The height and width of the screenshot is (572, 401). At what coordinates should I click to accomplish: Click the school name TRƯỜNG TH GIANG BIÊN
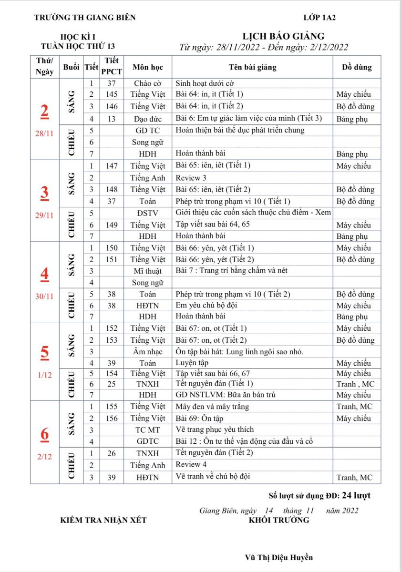coord(85,18)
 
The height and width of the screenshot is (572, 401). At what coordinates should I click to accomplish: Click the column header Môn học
coord(148,67)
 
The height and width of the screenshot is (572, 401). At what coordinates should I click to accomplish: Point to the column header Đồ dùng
coord(357,67)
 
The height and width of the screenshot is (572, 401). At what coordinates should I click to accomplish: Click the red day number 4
coord(44,274)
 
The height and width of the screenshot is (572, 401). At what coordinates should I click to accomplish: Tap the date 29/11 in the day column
coord(44,215)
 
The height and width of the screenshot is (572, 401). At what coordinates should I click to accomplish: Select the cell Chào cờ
coord(148,83)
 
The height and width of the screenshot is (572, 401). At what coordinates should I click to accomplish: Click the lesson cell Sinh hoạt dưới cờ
coord(205,83)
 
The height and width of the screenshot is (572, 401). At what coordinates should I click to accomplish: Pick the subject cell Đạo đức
coord(148,118)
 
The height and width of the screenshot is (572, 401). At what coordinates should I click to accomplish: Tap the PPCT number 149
coord(112,225)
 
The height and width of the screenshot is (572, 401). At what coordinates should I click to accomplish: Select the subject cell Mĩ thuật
coord(148,271)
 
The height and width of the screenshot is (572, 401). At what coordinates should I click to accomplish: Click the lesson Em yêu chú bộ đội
coord(206,305)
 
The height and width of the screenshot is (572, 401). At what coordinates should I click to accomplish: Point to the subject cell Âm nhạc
coord(148,352)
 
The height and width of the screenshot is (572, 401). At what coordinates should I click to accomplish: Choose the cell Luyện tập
coord(192,363)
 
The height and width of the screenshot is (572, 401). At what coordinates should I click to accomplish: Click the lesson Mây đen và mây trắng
coord(212,407)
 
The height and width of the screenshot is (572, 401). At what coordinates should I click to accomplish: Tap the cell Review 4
coord(191,465)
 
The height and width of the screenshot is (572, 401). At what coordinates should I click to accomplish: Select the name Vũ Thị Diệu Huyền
coord(279,557)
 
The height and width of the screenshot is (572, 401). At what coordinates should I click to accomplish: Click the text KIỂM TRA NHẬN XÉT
coord(103,520)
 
